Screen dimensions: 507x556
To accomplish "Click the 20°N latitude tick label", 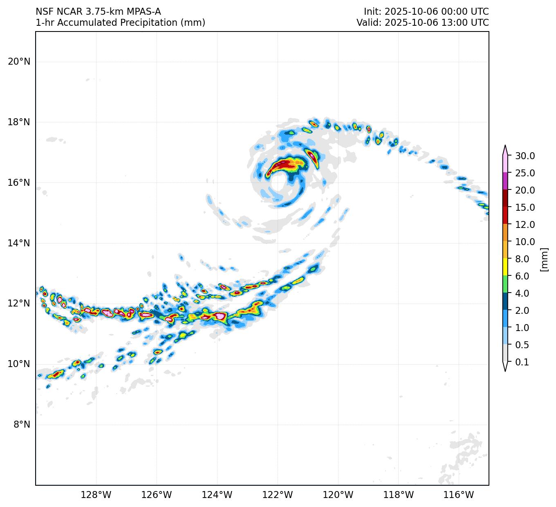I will pos(19,62).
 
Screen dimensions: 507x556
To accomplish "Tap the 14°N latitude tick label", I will pos(19,243).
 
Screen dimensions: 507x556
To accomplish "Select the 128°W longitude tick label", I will pos(96,495).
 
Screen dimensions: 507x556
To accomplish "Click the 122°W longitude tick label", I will pos(278,495).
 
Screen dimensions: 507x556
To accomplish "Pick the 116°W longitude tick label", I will pos(459,495).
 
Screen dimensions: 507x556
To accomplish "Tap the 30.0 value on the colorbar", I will pos(525,156).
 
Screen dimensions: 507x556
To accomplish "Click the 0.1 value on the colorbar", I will pos(522,362).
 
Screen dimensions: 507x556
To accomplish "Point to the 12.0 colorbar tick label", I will pos(525,225).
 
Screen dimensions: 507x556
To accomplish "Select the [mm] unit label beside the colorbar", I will pos(544,259).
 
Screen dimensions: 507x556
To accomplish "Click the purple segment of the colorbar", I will pos(505,181).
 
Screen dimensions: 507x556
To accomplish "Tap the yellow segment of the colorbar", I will pos(505,267).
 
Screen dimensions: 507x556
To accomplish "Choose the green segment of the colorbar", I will pos(505,284).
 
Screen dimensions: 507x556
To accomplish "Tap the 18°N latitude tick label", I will pos(19,122).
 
